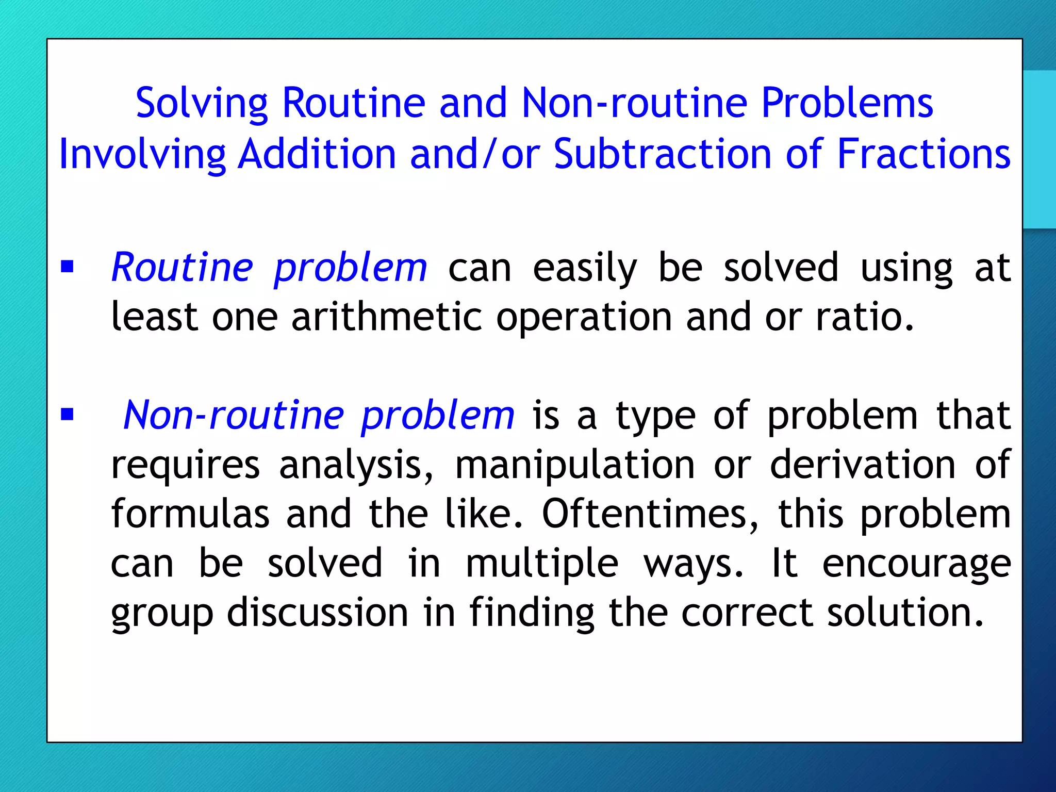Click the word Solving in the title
[x=202, y=104]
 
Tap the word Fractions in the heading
[x=923, y=154]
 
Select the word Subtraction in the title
[x=662, y=154]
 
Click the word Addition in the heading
[x=317, y=154]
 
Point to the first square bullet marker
[x=67, y=267]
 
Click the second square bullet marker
[x=67, y=414]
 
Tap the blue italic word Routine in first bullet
[x=182, y=268]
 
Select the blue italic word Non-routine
[x=234, y=416]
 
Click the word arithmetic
[x=387, y=317]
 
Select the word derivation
[x=863, y=465]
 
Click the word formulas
[x=190, y=514]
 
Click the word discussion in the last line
[x=318, y=613]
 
